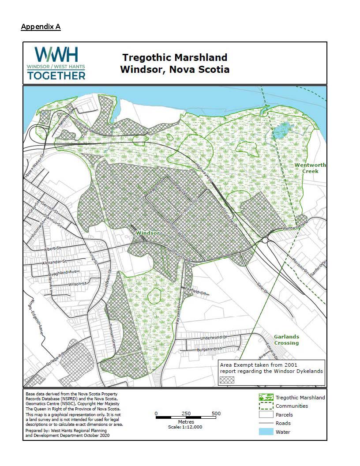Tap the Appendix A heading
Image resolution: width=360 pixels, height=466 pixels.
click(x=41, y=27)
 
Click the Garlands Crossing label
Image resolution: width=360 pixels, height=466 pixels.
click(x=286, y=340)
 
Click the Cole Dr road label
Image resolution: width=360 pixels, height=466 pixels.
click(x=263, y=288)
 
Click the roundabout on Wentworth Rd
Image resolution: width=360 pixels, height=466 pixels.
click(x=266, y=240)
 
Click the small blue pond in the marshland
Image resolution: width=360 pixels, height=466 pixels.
click(x=282, y=131)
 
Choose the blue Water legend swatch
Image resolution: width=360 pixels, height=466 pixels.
click(x=266, y=432)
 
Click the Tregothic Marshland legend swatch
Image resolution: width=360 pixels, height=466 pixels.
click(x=266, y=398)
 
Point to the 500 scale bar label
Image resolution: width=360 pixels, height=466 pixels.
click(x=216, y=413)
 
